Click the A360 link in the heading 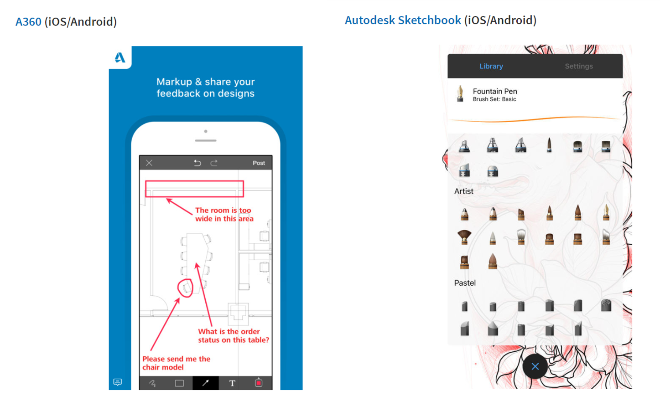(28, 22)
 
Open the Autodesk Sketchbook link (403, 21)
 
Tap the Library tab (491, 66)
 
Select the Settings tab (578, 66)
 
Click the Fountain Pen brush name (494, 91)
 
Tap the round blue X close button (535, 366)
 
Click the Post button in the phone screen (259, 163)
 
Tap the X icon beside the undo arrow (149, 163)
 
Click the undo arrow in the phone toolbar (197, 163)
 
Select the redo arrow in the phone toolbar (214, 163)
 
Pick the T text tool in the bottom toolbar (232, 383)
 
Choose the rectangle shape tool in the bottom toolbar (179, 383)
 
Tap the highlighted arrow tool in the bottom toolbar (205, 383)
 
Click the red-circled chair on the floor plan (185, 288)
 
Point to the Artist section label (463, 191)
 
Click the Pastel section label (464, 283)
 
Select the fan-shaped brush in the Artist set (464, 236)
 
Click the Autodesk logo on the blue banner (120, 57)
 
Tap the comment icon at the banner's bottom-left (118, 382)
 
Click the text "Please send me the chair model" (176, 363)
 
